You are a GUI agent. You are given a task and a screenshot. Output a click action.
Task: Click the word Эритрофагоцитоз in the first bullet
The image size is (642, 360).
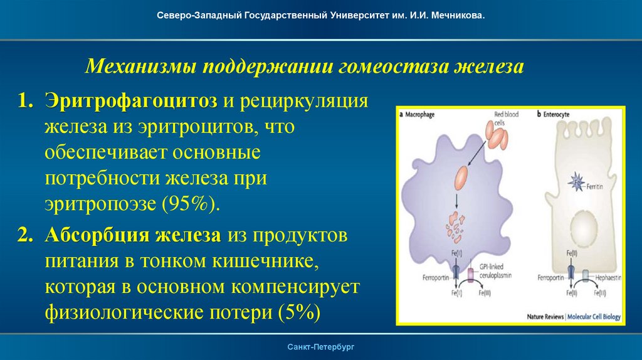[130, 102]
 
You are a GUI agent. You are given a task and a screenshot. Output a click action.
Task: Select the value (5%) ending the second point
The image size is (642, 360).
[297, 312]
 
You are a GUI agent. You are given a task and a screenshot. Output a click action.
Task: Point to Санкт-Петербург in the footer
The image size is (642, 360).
[321, 347]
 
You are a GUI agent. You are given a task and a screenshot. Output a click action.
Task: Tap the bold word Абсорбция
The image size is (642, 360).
[88, 236]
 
